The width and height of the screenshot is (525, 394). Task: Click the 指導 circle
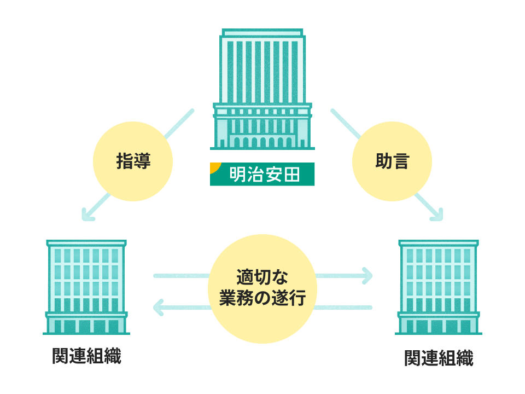133,161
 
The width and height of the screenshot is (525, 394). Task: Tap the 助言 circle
392,161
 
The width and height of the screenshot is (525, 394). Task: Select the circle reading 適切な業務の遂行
262,287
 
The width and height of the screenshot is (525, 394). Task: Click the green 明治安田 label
262,175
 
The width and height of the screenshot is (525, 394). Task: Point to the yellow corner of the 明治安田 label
214,166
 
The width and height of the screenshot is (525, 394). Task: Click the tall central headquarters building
262,88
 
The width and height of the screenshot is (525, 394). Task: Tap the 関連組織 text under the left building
86,356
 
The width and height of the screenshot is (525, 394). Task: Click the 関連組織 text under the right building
439,358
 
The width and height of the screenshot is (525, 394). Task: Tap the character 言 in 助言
401,161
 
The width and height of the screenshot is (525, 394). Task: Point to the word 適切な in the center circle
262,276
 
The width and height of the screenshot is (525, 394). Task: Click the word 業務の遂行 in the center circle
262,299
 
